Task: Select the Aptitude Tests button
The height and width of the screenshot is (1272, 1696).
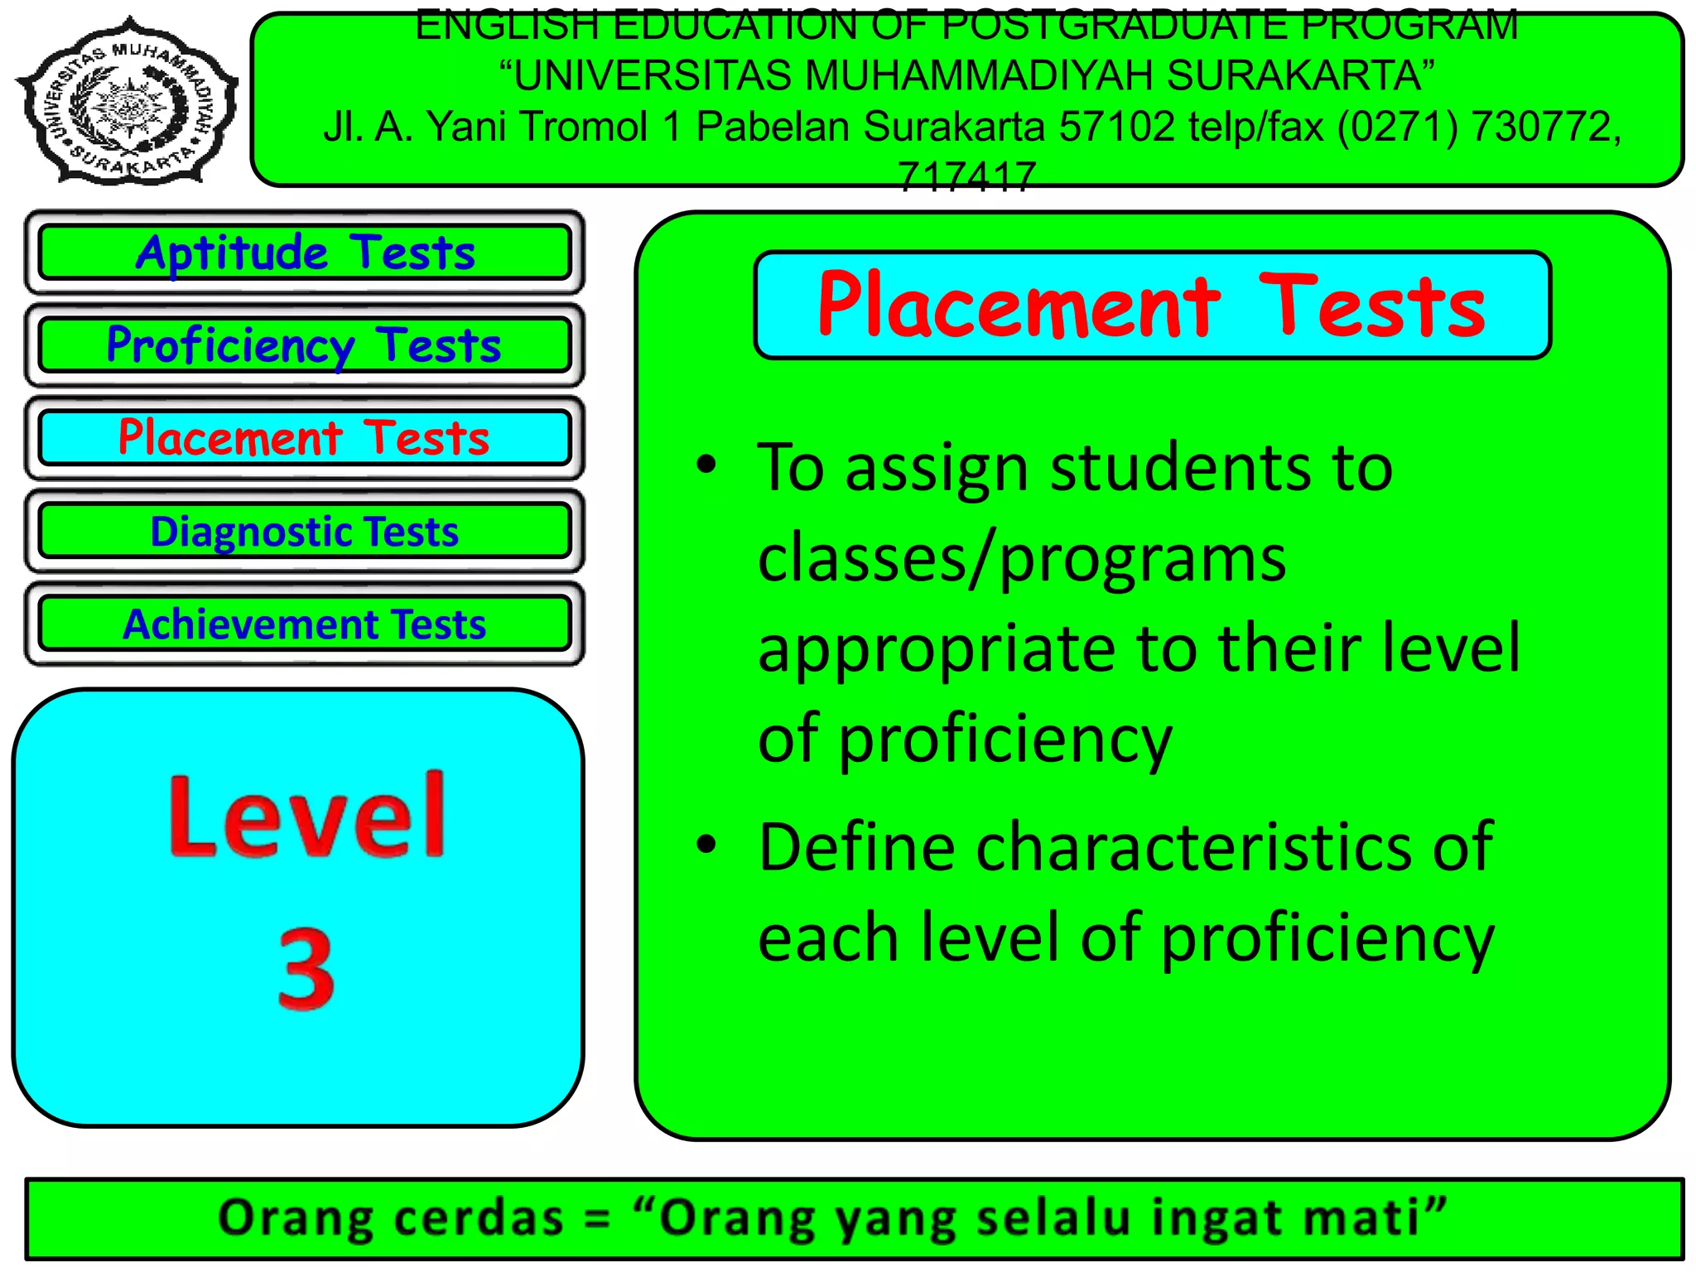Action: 305,252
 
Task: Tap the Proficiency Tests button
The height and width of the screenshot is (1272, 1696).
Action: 305,344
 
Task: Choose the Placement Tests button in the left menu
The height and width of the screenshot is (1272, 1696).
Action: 305,437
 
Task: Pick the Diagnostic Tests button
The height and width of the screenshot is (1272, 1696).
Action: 305,531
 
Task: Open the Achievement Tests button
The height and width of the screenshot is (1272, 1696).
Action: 305,624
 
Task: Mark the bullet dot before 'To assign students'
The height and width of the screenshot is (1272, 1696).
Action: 706,465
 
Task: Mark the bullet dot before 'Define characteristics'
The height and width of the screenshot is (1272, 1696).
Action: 706,845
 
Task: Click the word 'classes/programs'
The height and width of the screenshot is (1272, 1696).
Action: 1022,560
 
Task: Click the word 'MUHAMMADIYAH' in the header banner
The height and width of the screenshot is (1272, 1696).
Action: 977,75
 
